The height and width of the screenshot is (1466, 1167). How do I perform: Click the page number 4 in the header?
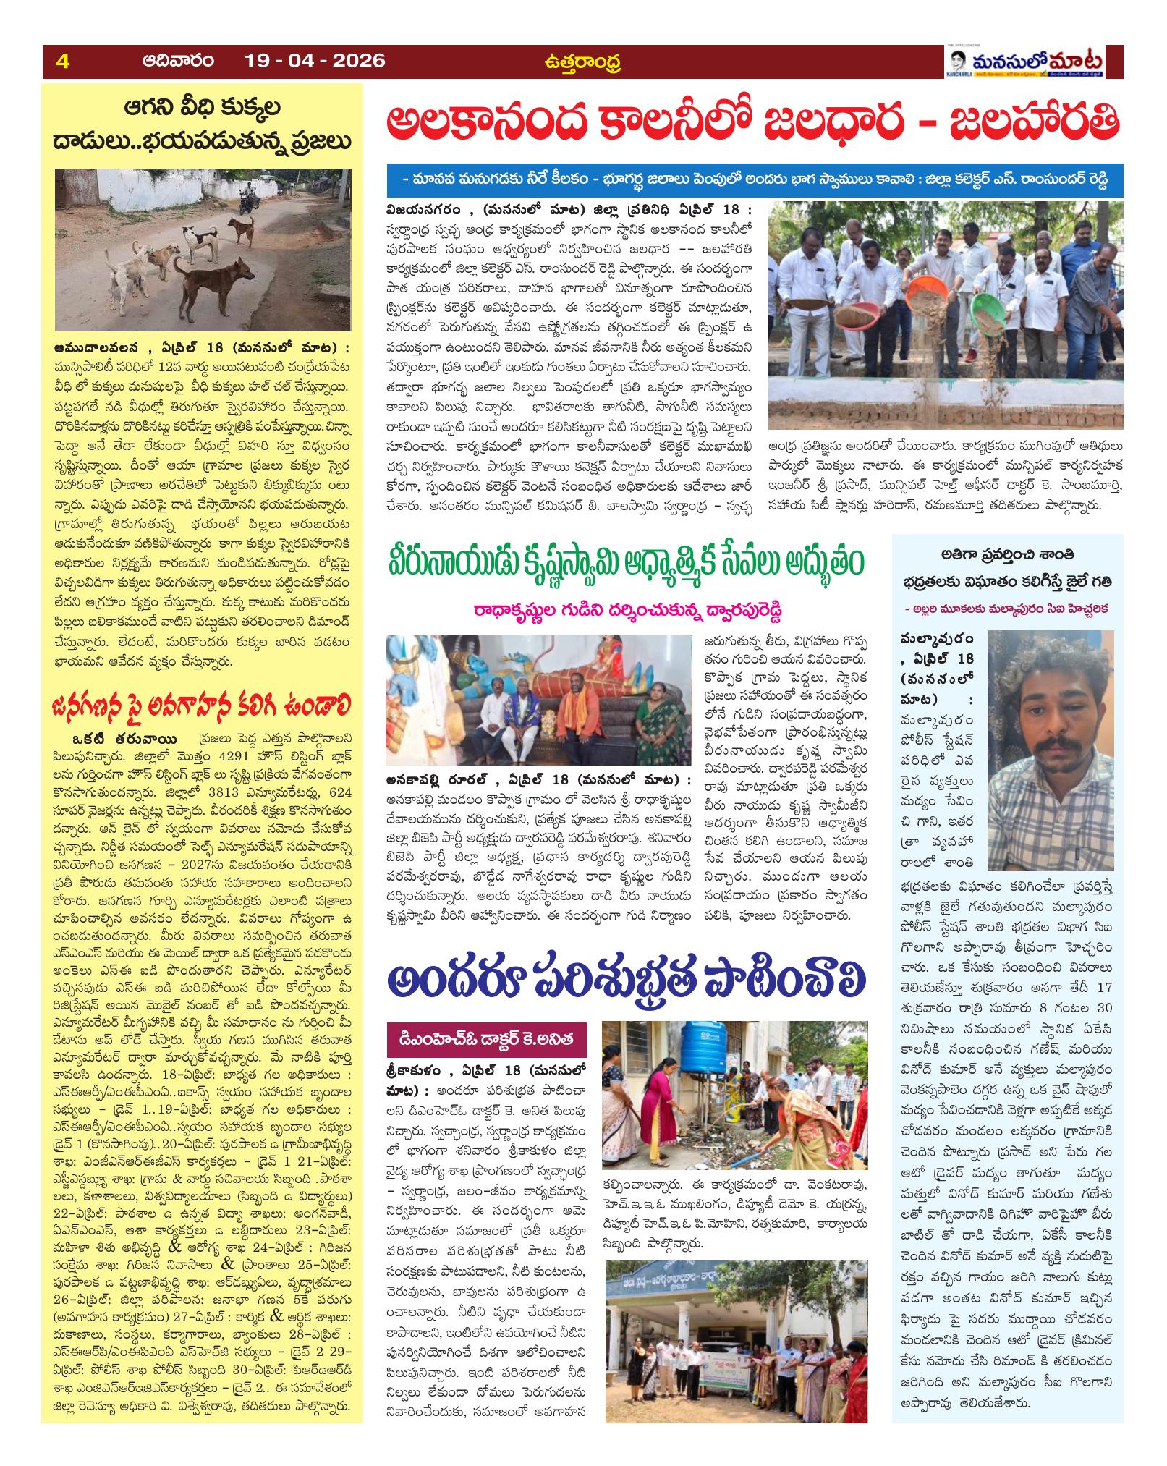[62, 62]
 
